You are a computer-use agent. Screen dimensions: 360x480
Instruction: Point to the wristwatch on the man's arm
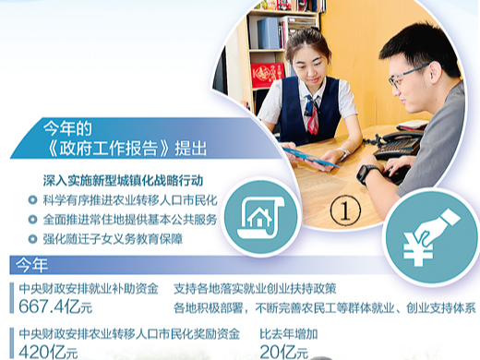click(x=366, y=173)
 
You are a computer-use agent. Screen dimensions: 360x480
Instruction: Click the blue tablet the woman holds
click(x=309, y=156)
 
